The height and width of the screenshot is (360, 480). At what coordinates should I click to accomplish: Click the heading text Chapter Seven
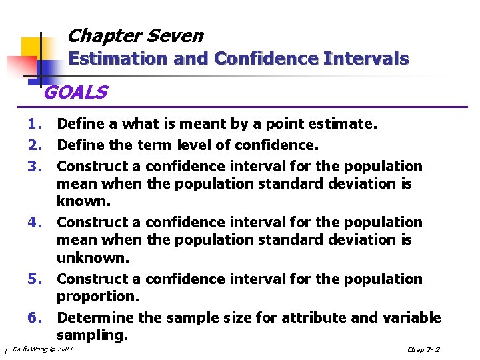tap(135, 35)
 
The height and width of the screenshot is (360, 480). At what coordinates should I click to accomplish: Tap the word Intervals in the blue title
tap(366, 59)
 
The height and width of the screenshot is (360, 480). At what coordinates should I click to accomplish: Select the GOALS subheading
tap(75, 93)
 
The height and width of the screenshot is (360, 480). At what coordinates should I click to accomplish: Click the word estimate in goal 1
tap(347, 123)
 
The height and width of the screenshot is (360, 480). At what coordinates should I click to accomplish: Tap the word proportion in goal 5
tap(96, 296)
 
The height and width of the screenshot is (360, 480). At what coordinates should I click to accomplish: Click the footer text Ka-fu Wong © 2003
tap(43, 349)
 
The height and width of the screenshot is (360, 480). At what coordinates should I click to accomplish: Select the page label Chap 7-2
tap(423, 350)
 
